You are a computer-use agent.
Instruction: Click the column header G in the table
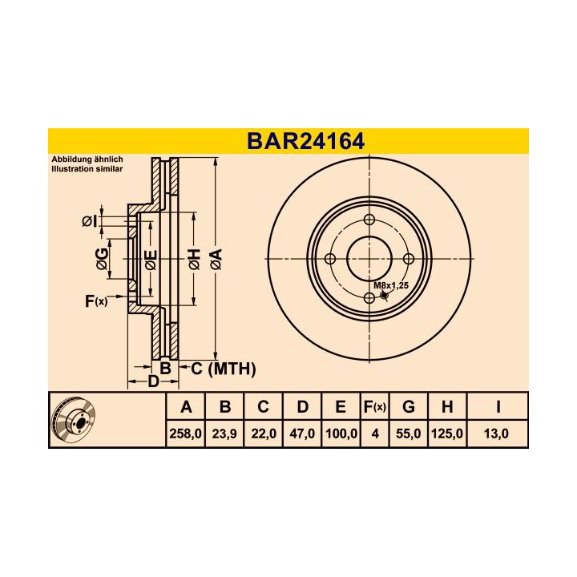coord(408,407)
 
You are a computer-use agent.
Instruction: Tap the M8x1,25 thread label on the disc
coord(391,285)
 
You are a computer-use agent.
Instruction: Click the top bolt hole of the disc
coord(369,220)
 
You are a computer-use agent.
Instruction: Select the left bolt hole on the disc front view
coord(329,259)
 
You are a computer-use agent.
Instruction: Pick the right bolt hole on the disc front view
coord(408,259)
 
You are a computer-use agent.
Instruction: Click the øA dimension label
coord(215,258)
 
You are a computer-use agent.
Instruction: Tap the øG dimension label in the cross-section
coord(101,259)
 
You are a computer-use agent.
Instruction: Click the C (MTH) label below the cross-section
coord(223,369)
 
